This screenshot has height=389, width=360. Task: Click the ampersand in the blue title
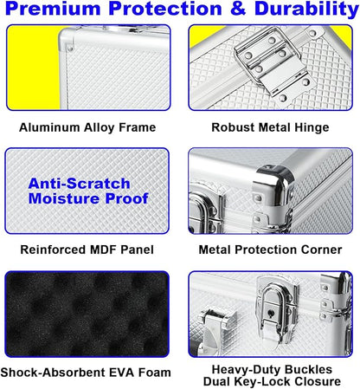[x=237, y=9]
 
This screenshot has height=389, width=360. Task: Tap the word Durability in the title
[x=306, y=10]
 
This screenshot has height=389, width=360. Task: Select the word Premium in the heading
[x=53, y=9]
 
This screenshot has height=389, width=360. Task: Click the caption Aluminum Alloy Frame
[x=87, y=127]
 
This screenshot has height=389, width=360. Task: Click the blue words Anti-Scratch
[x=79, y=184]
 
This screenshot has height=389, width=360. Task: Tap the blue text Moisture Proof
[x=88, y=198]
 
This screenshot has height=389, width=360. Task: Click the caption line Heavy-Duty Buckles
[x=272, y=369]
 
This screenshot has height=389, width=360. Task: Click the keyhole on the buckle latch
[x=271, y=313]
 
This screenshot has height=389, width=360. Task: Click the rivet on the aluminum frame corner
[x=69, y=48]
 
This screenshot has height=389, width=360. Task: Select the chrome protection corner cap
[x=274, y=185]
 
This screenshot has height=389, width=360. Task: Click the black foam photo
[x=87, y=314]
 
